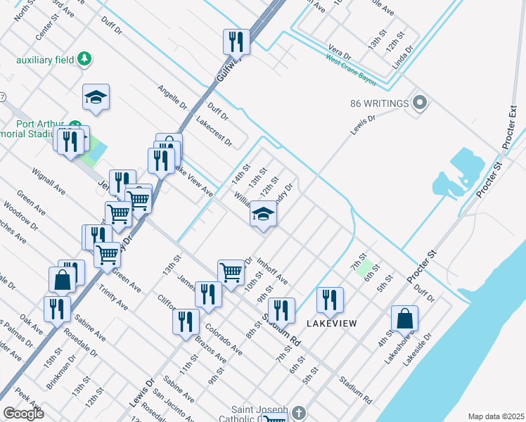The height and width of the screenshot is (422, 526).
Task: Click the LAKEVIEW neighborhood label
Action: coord(332,324)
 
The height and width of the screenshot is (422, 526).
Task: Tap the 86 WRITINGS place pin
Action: coord(421,103)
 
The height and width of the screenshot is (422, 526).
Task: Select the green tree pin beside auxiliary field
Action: coord(85,58)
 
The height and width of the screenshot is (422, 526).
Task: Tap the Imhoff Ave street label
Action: coord(273,271)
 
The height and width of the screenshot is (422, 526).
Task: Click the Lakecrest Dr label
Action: coord(214,132)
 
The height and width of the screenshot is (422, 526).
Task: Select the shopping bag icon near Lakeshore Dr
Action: coord(405,319)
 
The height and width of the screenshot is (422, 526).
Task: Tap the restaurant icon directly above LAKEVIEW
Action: coord(330,300)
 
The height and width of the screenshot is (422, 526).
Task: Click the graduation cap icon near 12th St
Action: coord(263,215)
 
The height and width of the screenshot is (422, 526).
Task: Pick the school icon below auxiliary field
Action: coord(96,98)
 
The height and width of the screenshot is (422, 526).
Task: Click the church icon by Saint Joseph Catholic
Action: coord(299,412)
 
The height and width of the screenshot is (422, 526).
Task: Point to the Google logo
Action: coord(23,413)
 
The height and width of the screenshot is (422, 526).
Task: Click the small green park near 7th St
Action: coord(364,268)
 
